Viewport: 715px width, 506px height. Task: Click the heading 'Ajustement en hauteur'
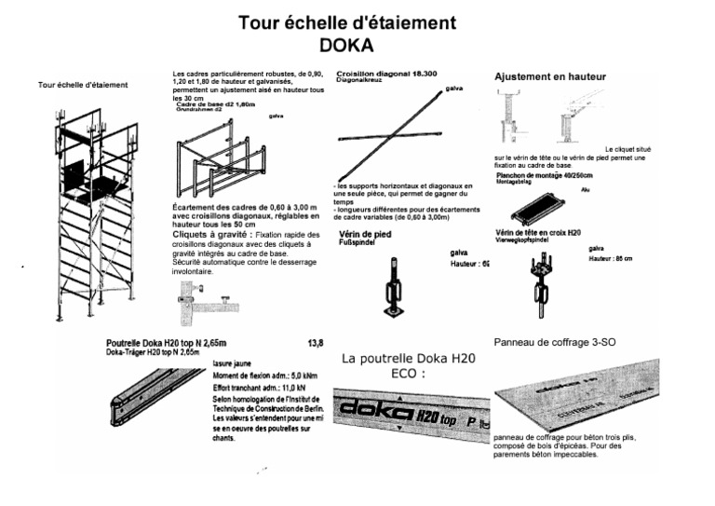[x=550, y=75]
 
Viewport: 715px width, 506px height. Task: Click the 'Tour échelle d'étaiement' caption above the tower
[x=83, y=86]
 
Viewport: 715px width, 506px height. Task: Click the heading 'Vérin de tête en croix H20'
[x=538, y=231]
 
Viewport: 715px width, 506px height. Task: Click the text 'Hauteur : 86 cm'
[x=611, y=258]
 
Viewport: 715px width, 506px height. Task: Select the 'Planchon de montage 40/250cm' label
[x=545, y=175]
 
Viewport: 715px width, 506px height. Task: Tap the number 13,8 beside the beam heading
[x=316, y=343]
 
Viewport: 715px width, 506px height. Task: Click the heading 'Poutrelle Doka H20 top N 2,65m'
[x=166, y=343]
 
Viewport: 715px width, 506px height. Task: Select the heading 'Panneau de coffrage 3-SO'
[x=554, y=342]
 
